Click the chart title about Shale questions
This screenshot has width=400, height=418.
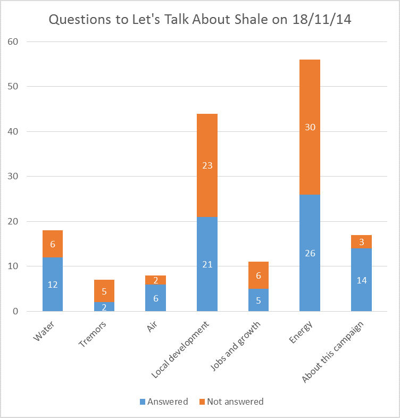coord(200,20)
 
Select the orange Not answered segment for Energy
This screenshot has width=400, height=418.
coord(310,106)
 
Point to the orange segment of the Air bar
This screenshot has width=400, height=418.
coord(155,280)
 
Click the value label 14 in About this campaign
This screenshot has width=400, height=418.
coord(361,280)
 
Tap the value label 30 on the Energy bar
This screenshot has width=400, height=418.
coord(310,127)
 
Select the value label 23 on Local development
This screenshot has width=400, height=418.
coord(207,165)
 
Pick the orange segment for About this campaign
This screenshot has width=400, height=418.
coord(361,242)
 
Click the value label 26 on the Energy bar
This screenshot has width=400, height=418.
coord(310,253)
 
